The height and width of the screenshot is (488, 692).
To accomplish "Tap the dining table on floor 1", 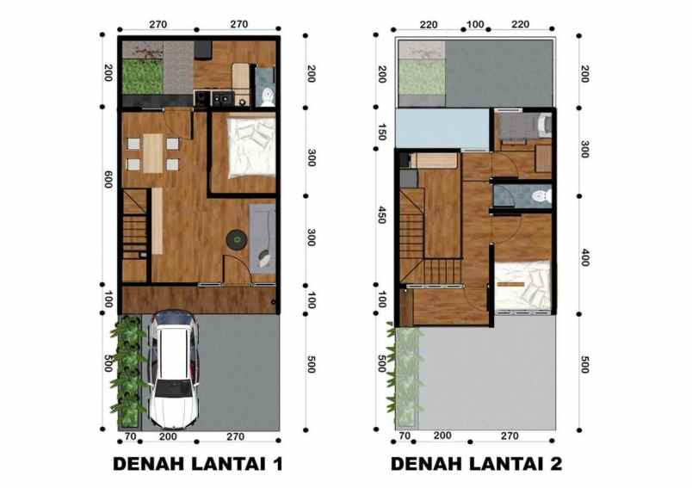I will coord(152,154).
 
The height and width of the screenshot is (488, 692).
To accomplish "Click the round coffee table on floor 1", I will coord(236,239).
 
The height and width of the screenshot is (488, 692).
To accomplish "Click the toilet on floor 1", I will coord(267,93).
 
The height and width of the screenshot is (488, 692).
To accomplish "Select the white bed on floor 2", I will coord(522,284).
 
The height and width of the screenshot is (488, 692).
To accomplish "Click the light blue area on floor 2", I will coord(442,127).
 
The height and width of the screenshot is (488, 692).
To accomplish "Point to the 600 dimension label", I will coord(108,179).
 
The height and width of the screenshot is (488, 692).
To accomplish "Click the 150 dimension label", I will coord(381,135).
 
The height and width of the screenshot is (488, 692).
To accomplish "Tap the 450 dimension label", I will coord(381,214).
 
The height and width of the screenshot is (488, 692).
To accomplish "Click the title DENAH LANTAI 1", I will coord(198,465).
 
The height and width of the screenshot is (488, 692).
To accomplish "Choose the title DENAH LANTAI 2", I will coord(476,465).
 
